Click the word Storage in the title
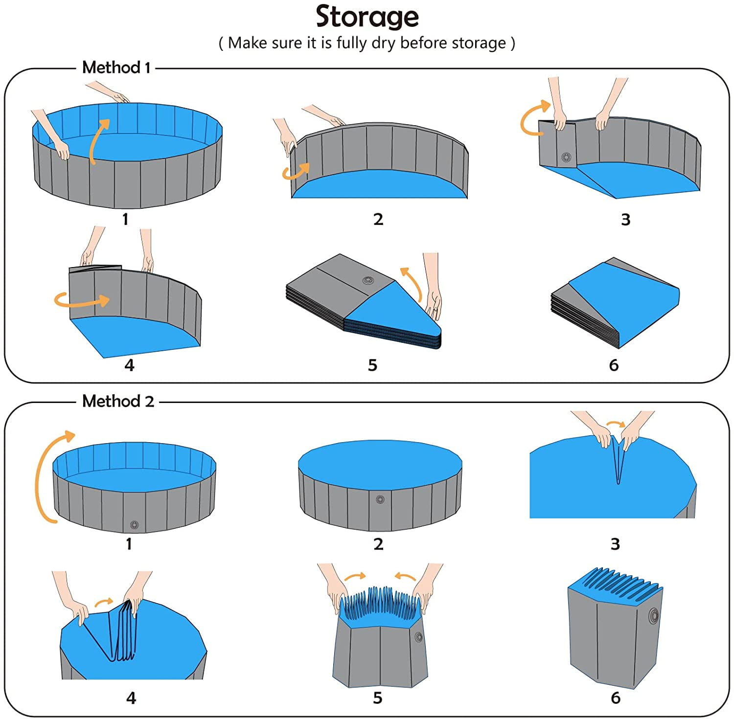click(367, 18)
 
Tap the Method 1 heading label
click(116, 67)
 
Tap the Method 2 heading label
click(118, 401)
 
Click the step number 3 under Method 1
click(625, 220)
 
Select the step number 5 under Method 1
click(373, 365)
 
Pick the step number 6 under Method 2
click(616, 698)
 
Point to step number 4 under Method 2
click(131, 698)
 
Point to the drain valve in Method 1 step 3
click(566, 157)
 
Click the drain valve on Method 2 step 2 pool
click(380, 500)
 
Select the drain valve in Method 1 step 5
click(367, 280)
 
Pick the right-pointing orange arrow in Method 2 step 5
click(355, 577)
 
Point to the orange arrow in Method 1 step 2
click(297, 171)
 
